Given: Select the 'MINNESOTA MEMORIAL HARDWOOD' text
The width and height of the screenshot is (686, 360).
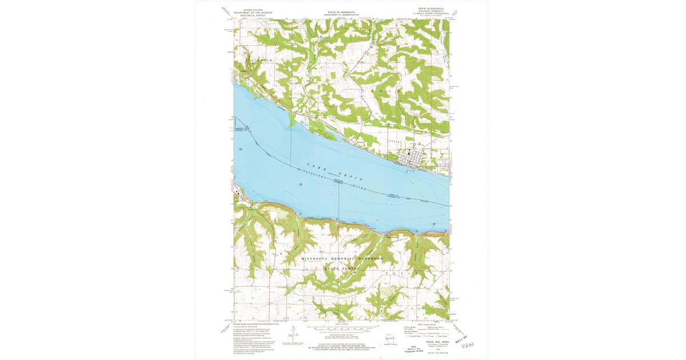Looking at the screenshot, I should pos(341,259).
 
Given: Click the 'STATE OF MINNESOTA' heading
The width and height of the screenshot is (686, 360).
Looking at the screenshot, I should pos(341,10).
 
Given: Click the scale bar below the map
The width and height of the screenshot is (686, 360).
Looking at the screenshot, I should pos(341,330).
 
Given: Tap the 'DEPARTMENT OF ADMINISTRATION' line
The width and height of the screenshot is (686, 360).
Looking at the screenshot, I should pos(341,14).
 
